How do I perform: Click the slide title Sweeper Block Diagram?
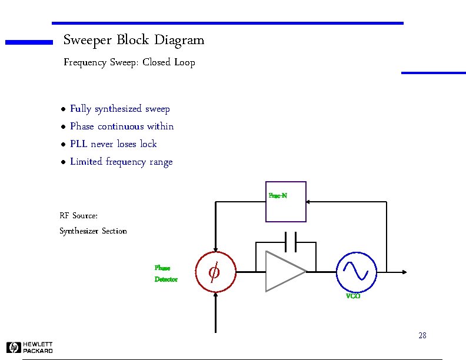[134, 41]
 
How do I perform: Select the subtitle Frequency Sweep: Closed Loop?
[129, 62]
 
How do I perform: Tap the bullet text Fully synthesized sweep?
[120, 109]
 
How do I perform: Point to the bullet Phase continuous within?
[122, 126]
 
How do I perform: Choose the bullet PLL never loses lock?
[114, 144]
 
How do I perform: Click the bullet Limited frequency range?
[121, 162]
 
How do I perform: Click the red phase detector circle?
[215, 272]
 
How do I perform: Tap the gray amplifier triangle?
[284, 272]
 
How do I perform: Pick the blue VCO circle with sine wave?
[356, 272]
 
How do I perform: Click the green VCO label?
[353, 296]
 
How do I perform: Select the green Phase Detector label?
[165, 274]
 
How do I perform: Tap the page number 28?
[422, 336]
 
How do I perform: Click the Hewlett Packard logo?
[29, 348]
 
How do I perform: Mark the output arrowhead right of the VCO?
[404, 272]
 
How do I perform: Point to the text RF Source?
[78, 216]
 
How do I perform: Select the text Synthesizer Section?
[93, 231]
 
